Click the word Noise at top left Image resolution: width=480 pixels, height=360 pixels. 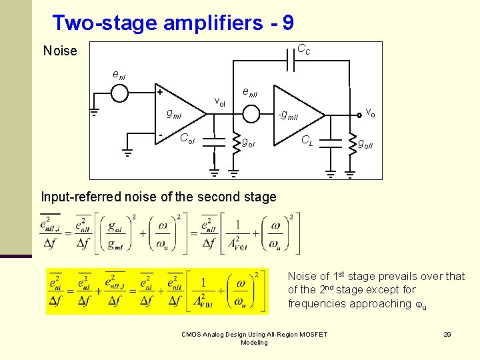60,51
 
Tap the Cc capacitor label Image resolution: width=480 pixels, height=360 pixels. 303,49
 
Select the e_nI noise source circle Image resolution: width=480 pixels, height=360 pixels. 119,93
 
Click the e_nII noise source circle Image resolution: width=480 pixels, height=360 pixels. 251,115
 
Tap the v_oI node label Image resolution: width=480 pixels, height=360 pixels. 219,102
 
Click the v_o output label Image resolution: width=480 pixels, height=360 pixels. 369,113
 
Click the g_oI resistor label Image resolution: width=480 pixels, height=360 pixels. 247,142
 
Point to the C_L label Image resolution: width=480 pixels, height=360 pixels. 308,141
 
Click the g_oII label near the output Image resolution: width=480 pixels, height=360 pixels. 366,142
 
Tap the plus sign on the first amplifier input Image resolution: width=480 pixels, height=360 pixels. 160,91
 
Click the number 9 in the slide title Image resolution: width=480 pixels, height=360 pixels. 287,23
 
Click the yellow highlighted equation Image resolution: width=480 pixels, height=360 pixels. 157,291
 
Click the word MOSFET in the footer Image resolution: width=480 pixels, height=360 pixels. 313,334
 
